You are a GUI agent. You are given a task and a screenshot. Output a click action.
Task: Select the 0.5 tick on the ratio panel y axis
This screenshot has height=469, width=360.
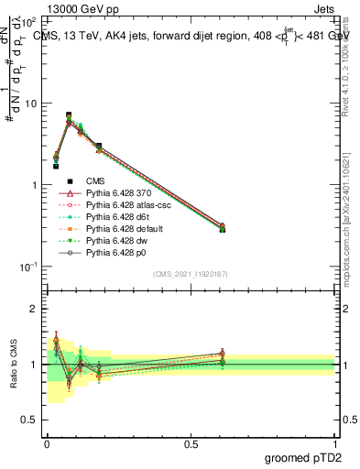28,420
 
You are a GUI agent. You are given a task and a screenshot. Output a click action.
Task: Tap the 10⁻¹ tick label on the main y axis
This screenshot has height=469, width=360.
27,267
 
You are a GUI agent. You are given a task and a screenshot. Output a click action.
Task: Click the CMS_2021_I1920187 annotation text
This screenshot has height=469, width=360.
191,275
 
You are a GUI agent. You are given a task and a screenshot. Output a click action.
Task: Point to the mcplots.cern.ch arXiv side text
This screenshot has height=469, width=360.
352,211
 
